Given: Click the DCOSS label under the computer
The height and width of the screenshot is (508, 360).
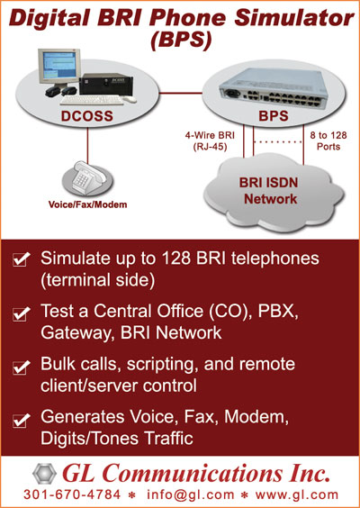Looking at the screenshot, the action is coord(87,116).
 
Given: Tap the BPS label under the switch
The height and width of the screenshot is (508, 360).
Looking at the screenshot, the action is coord(274,116).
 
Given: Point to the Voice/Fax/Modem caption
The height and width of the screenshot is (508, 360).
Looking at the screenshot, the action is coord(87,204).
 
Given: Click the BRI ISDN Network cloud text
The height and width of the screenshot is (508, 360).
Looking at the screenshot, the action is coord(268,191).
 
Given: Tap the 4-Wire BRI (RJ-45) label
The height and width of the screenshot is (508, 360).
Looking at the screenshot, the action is coord(210,141).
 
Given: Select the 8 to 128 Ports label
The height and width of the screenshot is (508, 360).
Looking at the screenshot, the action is coord(328,141).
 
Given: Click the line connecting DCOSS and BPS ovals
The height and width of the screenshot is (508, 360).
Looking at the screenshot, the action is coord(181,93).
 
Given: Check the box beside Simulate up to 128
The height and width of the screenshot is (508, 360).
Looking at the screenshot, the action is coord(20,260).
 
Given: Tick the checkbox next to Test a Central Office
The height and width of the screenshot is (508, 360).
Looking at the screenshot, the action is coord(20,314).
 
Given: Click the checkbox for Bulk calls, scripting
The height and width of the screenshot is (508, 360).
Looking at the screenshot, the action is coord(20,367).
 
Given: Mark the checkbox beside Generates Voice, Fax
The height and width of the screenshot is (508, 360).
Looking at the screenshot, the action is coord(20,421).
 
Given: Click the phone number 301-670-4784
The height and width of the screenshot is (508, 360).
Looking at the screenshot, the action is coord(72,494).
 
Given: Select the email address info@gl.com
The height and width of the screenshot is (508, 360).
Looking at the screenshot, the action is coord(191,495).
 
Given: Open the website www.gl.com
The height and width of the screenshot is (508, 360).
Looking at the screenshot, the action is coord(296,495).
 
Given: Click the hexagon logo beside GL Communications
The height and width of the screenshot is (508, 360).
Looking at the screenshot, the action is coord(45,474).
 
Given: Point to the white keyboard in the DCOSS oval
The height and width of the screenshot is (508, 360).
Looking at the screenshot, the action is coord(92,100).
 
